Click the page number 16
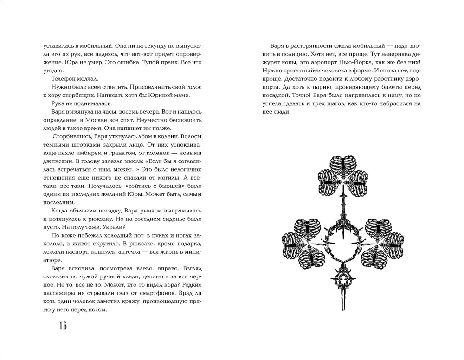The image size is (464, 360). coord(62,326)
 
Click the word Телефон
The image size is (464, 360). coord(66,79)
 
